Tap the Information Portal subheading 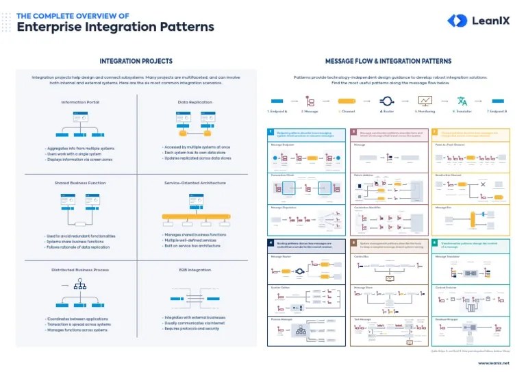pos(80,102)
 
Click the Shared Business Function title pos(80,183)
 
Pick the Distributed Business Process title pos(80,270)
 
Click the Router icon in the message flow pos(386,101)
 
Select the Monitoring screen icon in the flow pos(424,101)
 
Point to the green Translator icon pos(462,101)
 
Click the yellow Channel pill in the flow pos(347,101)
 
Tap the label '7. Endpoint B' pos(497,111)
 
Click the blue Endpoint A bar pos(277,101)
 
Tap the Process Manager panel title pos(283,319)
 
